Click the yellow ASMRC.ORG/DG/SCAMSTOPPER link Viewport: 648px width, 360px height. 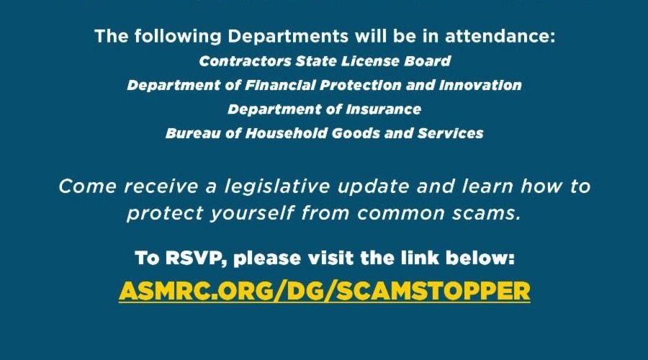click(x=325, y=291)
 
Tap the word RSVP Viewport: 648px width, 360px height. click(x=196, y=258)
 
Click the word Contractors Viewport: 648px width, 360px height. click(x=245, y=61)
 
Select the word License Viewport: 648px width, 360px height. click(x=370, y=61)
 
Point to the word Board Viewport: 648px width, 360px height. click(x=427, y=61)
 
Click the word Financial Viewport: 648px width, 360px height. click(x=280, y=85)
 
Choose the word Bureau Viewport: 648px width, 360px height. click(x=193, y=133)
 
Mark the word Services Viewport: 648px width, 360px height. click(x=450, y=133)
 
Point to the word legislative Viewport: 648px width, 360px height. click(x=277, y=186)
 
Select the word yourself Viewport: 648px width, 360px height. click(x=252, y=214)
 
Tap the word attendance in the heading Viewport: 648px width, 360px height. click(x=500, y=37)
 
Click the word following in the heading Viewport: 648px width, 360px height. click(x=178, y=37)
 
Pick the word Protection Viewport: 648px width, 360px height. click(x=361, y=85)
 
